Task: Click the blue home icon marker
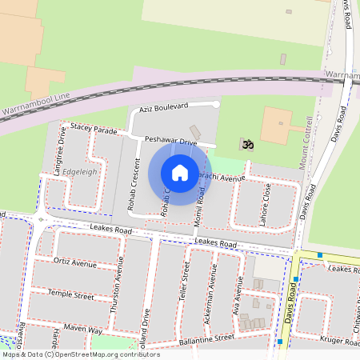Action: (180, 173)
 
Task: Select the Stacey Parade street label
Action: (94, 128)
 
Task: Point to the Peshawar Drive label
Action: (170, 141)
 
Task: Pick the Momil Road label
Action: (199, 206)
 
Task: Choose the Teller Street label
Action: (185, 284)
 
